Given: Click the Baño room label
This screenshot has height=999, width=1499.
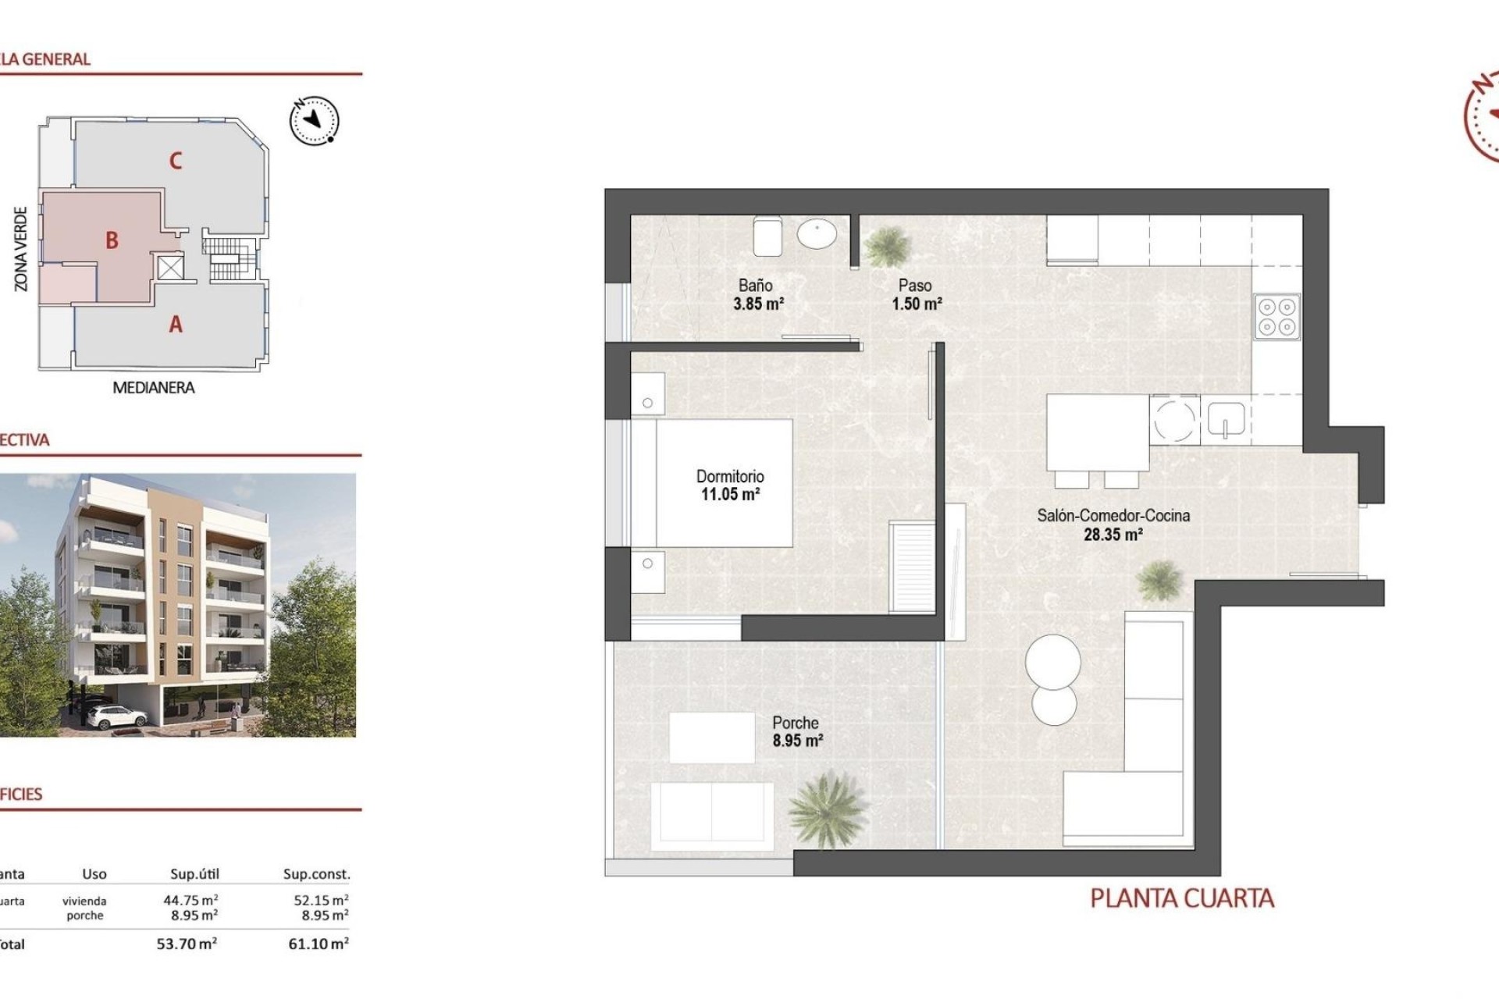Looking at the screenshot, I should pos(755,286).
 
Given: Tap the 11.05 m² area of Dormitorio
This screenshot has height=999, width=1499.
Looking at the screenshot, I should pos(730,494).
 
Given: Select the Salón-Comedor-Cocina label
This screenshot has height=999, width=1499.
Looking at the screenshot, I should pos(1113,515).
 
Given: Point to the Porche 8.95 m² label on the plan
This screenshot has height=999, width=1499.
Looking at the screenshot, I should pos(796,731).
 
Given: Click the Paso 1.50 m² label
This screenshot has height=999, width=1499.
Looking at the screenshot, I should pos(916,294).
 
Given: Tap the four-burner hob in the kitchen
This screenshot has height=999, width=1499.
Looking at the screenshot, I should pos(1277,317).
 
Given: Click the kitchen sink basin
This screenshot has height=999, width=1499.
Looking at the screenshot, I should pos(1226,419).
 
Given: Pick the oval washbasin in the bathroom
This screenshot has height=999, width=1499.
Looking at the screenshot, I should pos(817,233).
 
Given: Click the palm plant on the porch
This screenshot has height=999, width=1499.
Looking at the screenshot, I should pos(827,809).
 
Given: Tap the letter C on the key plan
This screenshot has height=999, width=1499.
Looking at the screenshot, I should pos(176,162).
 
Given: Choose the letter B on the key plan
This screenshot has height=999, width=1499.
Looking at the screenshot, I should pos(112,240).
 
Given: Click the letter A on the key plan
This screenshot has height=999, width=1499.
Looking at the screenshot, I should pos(176,324).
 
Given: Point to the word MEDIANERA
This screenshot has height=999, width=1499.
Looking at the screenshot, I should pos(154,388).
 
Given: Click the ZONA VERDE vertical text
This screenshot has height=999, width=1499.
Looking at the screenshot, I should pos(21,249).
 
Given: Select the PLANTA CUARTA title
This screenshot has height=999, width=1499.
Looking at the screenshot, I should pos(1181,898).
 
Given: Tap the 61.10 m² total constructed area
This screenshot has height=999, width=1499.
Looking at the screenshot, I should pos(318,944).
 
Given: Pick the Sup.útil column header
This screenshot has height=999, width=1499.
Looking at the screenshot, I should pos(194,874).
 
